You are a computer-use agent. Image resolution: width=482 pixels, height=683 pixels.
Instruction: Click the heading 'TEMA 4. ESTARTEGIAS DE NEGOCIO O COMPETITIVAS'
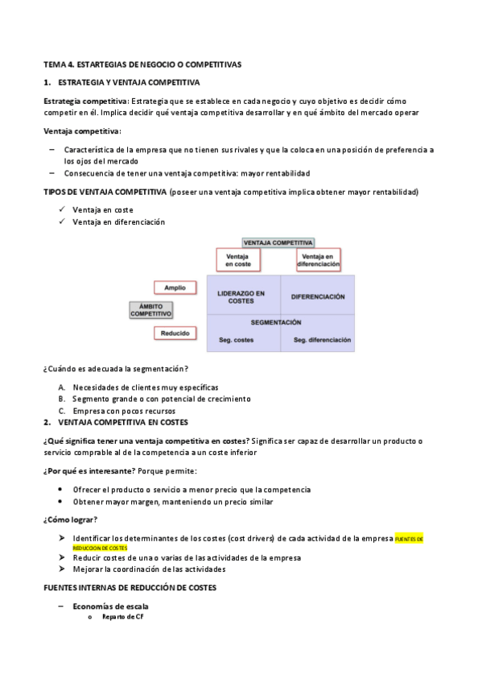pos(142,64)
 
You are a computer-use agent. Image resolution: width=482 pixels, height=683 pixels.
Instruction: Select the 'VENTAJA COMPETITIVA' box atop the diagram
pos(278,242)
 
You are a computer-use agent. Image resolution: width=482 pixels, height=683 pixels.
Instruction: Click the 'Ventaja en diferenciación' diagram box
pos(318,259)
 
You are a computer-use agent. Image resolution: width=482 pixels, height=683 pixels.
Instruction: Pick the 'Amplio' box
pos(175,288)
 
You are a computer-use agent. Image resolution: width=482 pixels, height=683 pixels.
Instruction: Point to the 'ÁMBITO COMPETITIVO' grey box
pos(151,310)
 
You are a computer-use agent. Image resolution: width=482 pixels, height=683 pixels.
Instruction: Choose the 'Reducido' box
pos(175,333)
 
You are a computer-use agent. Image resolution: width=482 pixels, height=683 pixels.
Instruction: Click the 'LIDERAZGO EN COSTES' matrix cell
pos(243,297)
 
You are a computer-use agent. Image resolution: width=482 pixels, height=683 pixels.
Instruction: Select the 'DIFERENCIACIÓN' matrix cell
pos(317,296)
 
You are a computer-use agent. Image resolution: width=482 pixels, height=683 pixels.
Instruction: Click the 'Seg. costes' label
pos(237,340)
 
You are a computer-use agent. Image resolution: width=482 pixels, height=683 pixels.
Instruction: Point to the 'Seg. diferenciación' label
pos(322,340)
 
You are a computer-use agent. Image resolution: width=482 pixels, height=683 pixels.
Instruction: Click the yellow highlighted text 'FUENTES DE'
pos(411,538)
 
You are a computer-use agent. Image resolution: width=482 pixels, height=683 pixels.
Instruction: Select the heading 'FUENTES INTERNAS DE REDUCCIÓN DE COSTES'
pos(130,588)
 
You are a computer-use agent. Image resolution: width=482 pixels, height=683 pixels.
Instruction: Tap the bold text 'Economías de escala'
pos(110,606)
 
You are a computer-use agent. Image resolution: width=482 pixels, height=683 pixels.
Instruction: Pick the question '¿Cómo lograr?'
pos(70,519)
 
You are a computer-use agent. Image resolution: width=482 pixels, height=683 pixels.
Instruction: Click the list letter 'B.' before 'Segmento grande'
pos(62,399)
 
